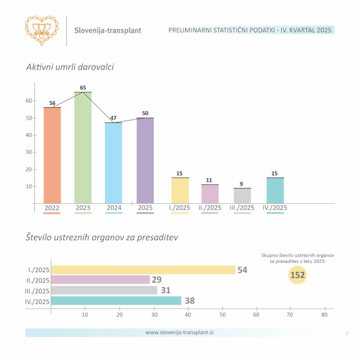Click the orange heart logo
coord(42,30)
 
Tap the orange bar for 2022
coord(52,155)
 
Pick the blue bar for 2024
coord(113,163)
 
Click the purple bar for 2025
coord(145,160)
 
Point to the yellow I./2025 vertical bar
coord(180,190)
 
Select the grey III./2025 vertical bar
coord(243,196)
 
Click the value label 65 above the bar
coord(83,88)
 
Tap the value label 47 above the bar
coord(113,118)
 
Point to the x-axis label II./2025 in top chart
coord(210,208)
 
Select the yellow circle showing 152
coord(297,275)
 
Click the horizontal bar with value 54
coord(143,270)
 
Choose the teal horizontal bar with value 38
coord(116,301)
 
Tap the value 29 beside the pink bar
coord(156,280)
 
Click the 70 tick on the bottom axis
coord(290,315)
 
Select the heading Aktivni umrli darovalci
coord(70,67)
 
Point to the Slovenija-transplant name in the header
coord(108,31)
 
